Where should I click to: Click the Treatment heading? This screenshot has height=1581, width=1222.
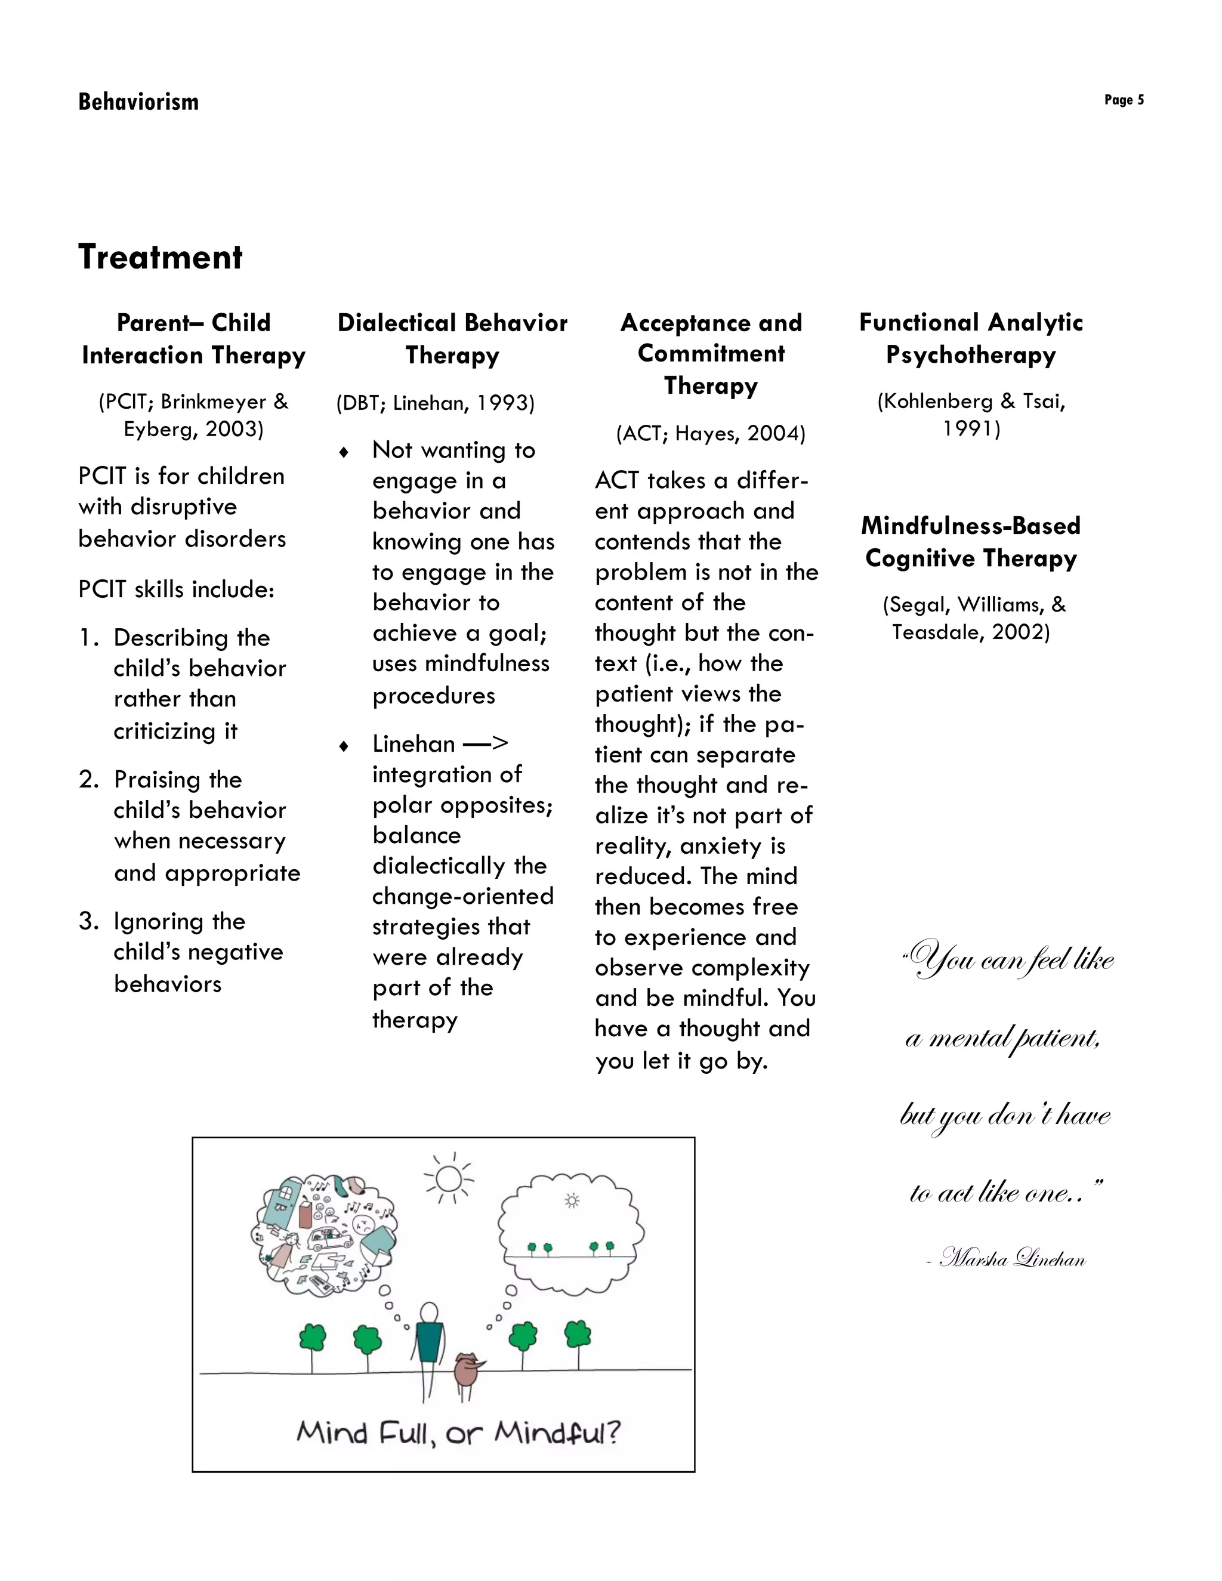point(160,257)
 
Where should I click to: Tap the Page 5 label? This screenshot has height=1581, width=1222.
point(1124,100)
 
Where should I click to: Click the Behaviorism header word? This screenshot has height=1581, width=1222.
point(138,101)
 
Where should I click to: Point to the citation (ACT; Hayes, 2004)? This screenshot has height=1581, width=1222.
point(710,433)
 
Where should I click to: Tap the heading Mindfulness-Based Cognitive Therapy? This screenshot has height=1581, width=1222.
point(971,542)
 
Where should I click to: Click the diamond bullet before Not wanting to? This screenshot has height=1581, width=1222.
point(344,452)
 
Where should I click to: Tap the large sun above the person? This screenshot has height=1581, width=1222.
point(449,1179)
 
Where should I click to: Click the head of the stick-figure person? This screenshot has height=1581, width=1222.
point(429,1312)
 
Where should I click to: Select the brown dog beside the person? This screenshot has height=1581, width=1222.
point(468,1370)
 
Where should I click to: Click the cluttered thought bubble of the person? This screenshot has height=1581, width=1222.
point(323,1235)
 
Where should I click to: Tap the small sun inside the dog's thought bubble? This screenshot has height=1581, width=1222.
point(572,1202)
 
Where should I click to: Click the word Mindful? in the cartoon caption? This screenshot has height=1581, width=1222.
point(557,1432)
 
